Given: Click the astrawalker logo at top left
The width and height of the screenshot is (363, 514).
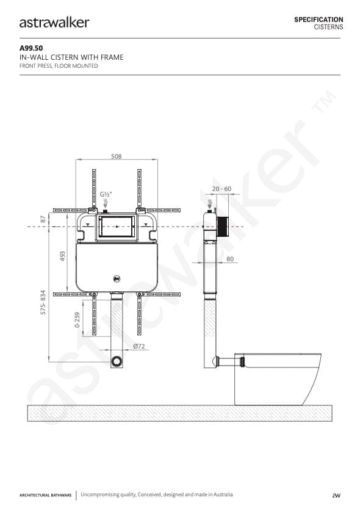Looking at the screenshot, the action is (54, 23).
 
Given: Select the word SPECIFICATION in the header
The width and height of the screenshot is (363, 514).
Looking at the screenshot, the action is (318, 20).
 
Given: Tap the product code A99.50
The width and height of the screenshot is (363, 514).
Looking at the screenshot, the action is (31, 48).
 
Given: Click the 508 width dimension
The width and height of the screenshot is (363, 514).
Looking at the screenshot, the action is (117, 156).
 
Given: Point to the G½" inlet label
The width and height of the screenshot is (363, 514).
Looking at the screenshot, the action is (106, 194).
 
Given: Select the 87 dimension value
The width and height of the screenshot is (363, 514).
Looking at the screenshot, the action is (43, 219).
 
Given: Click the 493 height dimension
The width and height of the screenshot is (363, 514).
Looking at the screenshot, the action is (63, 256).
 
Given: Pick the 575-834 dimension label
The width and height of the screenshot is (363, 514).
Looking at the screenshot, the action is (43, 303).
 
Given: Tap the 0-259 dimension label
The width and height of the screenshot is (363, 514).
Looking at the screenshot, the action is (77, 320).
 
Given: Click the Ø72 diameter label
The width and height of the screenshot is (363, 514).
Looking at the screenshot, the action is (139, 346).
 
